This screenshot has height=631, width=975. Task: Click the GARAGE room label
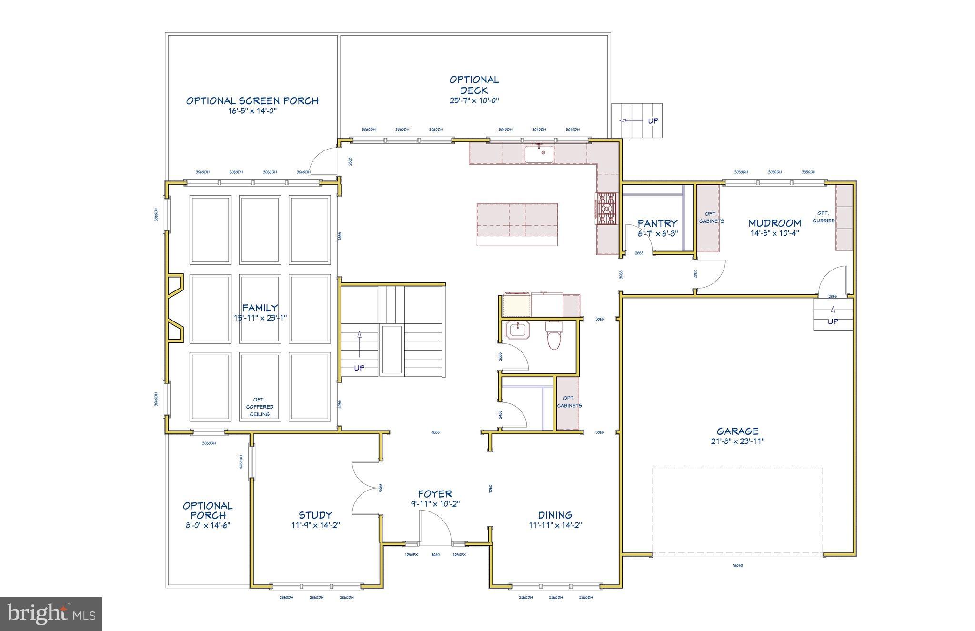tap(737, 431)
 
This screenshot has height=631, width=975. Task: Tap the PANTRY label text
tap(657, 223)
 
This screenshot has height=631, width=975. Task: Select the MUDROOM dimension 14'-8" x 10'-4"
tap(774, 233)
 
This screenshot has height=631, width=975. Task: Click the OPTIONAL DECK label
tap(474, 85)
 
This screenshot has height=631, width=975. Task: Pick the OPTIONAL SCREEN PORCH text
tap(252, 101)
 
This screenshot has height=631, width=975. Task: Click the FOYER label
tap(434, 494)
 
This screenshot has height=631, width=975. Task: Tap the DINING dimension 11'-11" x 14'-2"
tap(555, 525)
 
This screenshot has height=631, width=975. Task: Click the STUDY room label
tap(315, 515)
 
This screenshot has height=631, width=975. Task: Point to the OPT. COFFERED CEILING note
tap(260, 407)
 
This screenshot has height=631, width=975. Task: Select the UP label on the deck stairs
tap(653, 121)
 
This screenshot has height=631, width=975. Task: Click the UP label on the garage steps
tap(833, 321)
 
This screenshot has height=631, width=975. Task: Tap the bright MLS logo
tap(51, 614)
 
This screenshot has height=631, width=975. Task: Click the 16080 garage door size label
tap(737, 566)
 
